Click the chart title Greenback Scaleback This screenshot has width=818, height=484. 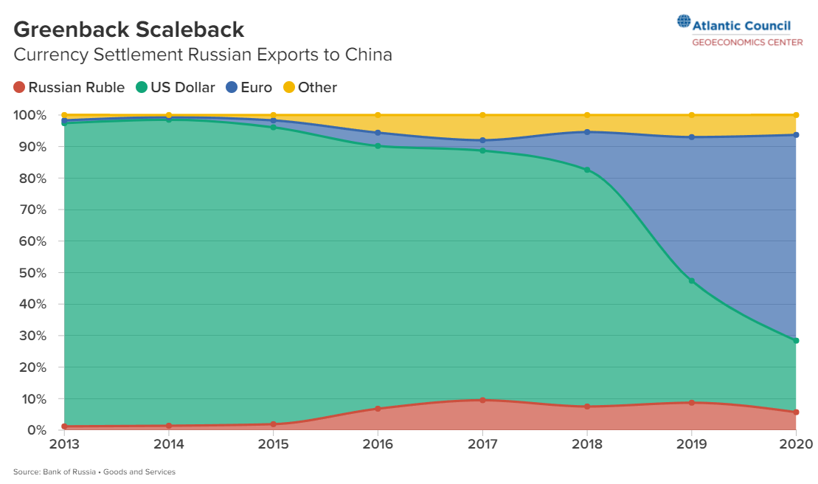(x=129, y=30)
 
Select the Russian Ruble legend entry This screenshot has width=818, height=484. (x=69, y=87)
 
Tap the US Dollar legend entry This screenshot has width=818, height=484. (x=176, y=87)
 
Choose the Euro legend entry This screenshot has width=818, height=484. (x=249, y=87)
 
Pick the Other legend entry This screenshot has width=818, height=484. (x=310, y=87)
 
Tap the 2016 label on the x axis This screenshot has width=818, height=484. (x=378, y=444)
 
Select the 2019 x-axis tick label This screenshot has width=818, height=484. (x=692, y=444)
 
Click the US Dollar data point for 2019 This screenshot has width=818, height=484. (x=692, y=281)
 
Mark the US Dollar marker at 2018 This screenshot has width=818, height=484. (x=587, y=170)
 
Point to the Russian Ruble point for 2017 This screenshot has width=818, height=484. (x=482, y=401)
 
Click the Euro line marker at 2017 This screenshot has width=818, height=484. (x=482, y=140)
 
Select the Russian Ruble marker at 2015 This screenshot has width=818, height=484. (x=273, y=424)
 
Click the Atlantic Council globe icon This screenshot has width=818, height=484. (x=684, y=22)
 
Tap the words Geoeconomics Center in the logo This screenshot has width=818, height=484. (x=747, y=42)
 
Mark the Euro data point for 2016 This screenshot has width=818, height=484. (x=378, y=133)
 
